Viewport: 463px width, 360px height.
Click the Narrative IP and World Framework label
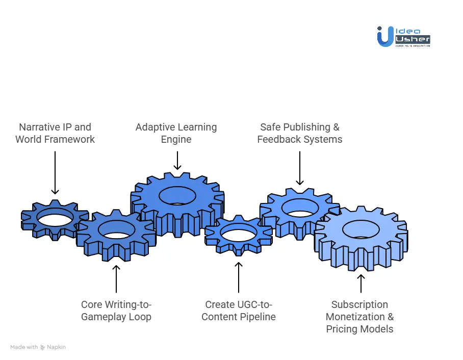point(55,133)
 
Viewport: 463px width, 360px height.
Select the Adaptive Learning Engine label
point(176,133)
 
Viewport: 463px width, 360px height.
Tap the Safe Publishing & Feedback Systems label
point(300,133)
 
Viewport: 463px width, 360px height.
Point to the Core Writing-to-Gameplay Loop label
point(116,311)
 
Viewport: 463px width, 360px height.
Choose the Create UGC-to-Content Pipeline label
point(239,311)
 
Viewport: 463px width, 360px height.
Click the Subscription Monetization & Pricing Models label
point(360,317)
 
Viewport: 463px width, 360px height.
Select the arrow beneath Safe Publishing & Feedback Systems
point(300,168)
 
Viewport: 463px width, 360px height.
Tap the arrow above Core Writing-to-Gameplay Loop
point(116,278)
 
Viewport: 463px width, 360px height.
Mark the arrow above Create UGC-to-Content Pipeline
point(239,277)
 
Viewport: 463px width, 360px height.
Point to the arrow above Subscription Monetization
point(361,283)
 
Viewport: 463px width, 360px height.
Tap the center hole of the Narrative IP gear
point(55,219)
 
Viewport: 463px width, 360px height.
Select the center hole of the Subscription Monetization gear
point(361,229)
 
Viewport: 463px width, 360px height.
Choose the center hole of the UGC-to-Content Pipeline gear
point(238,235)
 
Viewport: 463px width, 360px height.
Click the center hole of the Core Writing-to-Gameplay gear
point(116,230)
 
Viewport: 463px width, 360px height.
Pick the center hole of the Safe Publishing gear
point(300,207)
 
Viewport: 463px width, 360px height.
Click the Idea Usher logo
point(403,36)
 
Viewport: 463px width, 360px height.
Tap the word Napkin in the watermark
point(56,347)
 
